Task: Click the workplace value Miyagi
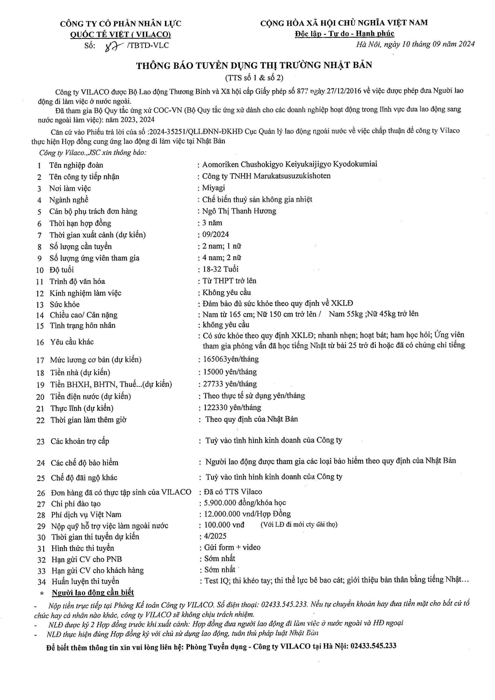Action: coord(214,188)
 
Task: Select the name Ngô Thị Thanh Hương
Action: coord(239,211)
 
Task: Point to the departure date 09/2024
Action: coord(216,234)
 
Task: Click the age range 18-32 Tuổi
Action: coord(220,269)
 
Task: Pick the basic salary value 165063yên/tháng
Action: coord(231,359)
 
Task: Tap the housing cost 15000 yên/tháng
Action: coord(230,372)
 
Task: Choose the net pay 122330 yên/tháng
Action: coord(232,408)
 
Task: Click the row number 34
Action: coord(42,582)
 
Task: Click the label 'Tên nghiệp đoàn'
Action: coord(76,165)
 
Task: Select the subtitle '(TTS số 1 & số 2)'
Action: coord(254,78)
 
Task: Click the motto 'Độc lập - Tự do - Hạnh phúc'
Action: coord(344,34)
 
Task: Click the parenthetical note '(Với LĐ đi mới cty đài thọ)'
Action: coord(299,525)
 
